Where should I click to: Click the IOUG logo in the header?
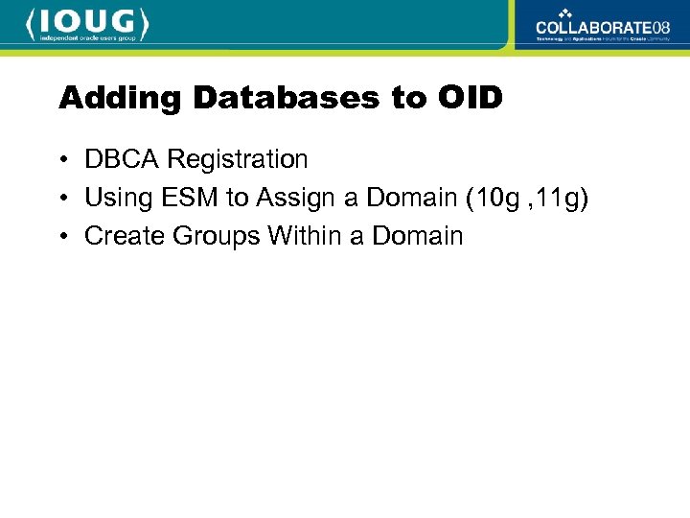(88, 23)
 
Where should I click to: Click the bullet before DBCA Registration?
(62, 160)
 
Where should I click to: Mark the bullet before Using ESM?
(62, 199)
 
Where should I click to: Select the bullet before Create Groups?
(62, 237)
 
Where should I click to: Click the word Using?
(112, 198)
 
